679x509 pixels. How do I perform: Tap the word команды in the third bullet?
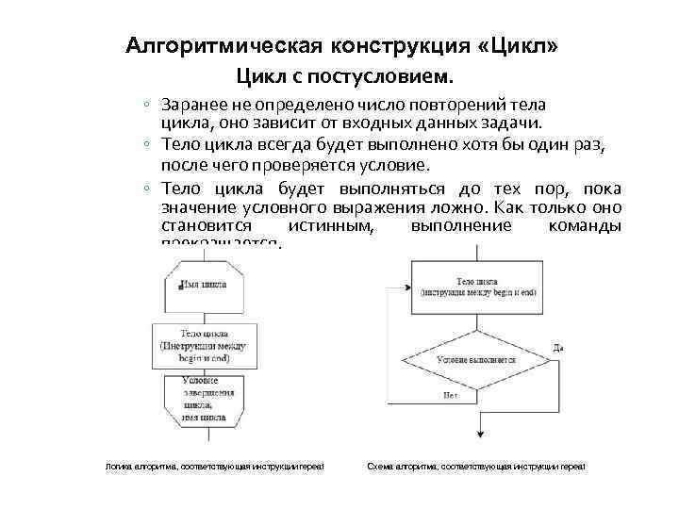pos(583,226)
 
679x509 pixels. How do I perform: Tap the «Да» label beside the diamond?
pos(558,347)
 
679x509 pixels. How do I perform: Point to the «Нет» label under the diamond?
pos(451,396)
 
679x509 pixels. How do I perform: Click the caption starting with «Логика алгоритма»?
pos(214,468)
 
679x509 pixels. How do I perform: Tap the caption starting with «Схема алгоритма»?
pos(476,468)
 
